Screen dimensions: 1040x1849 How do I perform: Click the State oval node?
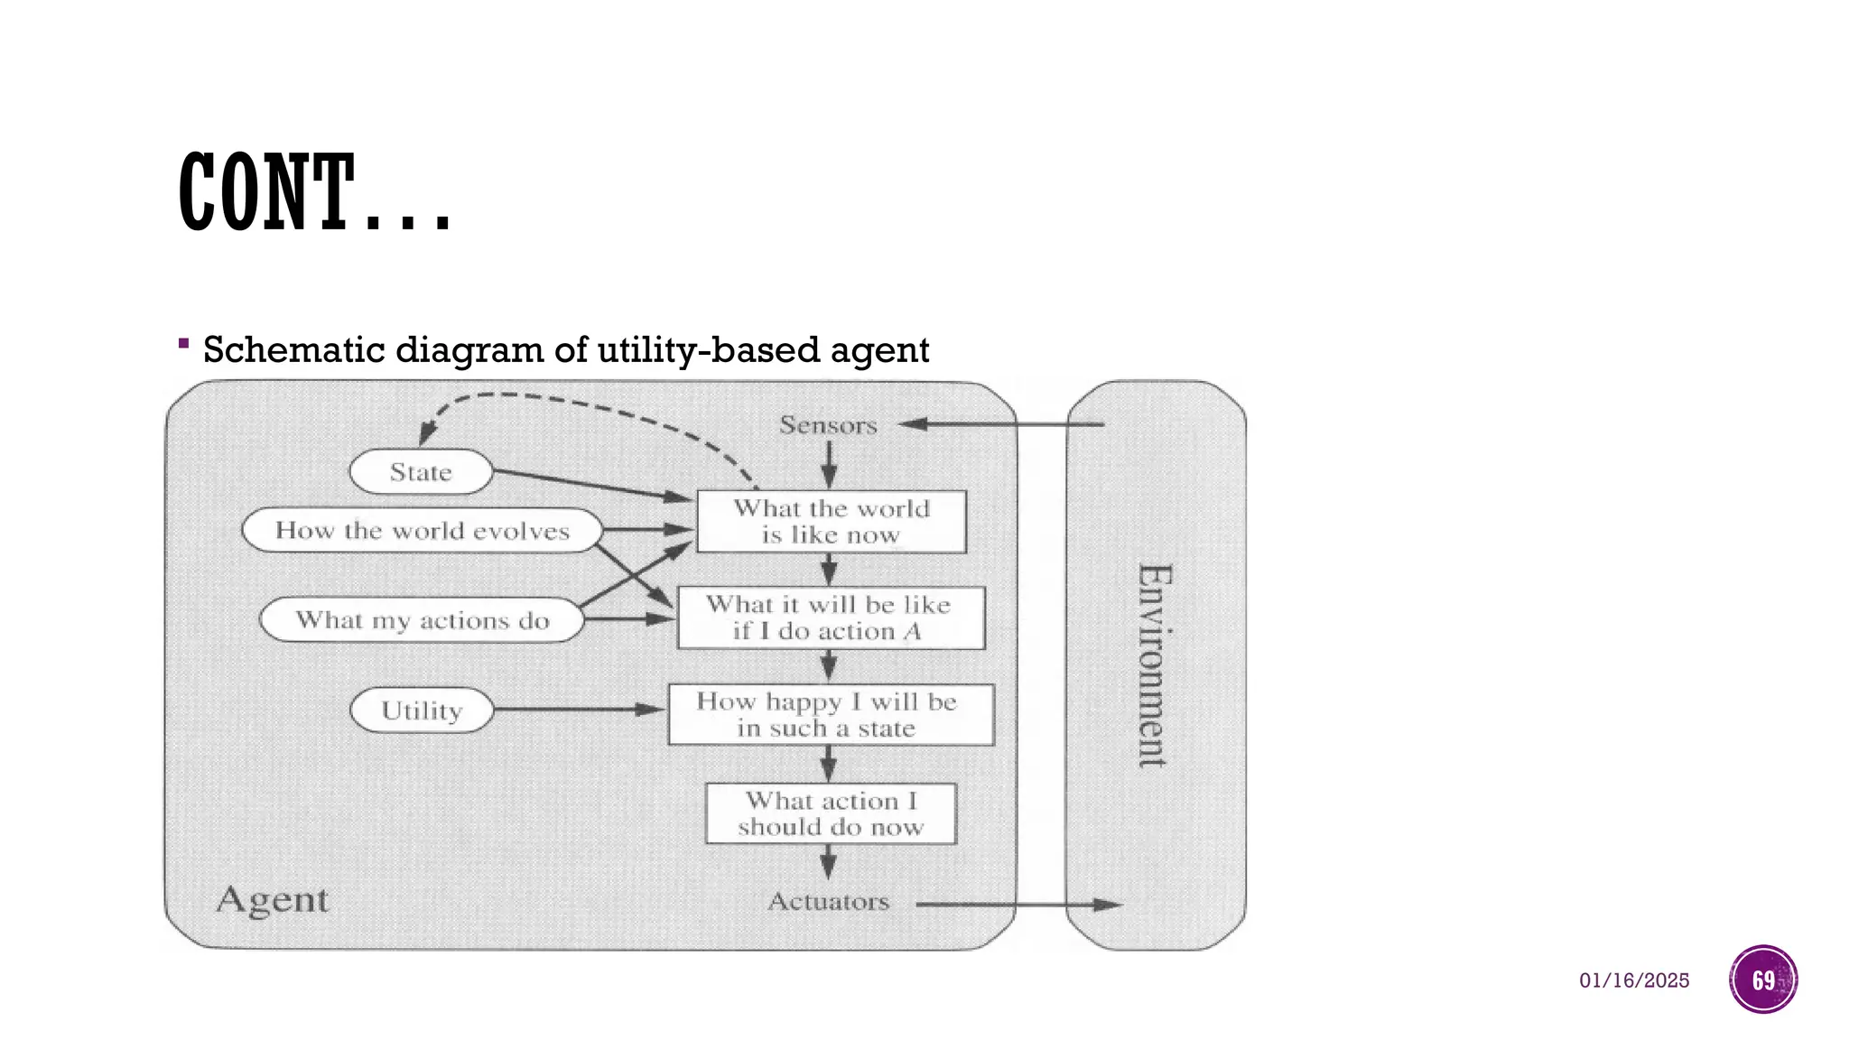point(421,472)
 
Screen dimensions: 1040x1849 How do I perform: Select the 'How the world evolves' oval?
point(422,530)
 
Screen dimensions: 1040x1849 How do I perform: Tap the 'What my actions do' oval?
point(422,620)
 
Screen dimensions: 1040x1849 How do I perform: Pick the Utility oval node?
point(422,710)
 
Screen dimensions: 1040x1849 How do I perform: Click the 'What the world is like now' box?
point(831,522)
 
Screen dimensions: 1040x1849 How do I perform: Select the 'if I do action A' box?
point(831,618)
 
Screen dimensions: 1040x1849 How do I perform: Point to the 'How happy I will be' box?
point(831,715)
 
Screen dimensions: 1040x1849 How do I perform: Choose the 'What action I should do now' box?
point(831,813)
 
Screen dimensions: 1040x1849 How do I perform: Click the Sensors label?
point(828,425)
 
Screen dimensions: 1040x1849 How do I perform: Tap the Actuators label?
point(828,902)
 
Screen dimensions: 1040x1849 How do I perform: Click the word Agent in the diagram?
point(273,900)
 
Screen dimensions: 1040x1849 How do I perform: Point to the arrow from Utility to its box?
point(578,710)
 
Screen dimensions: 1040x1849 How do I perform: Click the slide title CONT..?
point(313,192)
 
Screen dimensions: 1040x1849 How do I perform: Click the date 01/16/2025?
point(1633,980)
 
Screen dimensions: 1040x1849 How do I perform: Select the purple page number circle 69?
point(1763,980)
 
